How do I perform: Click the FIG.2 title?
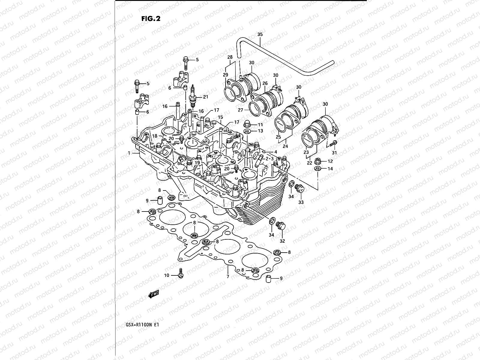(151, 19)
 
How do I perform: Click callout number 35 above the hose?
(260, 34)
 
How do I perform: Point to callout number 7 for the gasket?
(228, 276)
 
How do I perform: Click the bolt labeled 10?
(181, 273)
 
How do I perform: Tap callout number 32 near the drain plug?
(282, 241)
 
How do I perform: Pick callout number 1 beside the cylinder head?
(129, 153)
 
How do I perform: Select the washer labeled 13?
(247, 131)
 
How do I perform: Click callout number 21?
(205, 97)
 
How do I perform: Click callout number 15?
(220, 117)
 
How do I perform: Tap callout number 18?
(154, 136)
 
